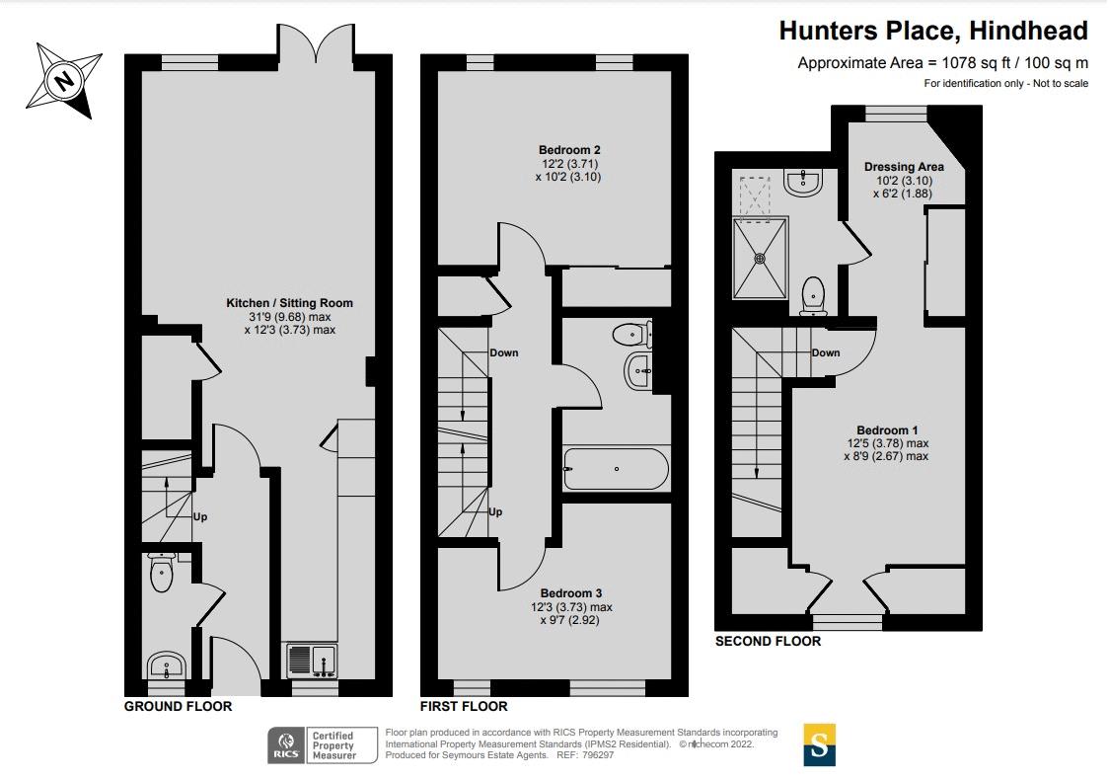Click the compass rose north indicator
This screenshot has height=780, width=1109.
coord(64,79)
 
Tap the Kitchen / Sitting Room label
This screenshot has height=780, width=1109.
coord(289,303)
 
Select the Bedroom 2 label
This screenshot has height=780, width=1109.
coord(569,150)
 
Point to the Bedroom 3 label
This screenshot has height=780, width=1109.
coord(571,593)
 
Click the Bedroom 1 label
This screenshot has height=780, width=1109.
coord(887,430)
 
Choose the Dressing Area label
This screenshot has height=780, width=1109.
coord(904,167)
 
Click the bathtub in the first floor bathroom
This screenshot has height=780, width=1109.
coord(616,469)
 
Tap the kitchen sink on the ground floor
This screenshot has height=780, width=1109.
coord(312,661)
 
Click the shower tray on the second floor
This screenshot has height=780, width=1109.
coord(760,259)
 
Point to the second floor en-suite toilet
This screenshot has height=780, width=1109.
coord(813,296)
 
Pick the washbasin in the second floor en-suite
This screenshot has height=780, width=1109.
coord(803,182)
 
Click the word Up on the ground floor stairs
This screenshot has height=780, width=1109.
coord(200,516)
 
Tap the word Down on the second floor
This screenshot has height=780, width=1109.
coord(826,352)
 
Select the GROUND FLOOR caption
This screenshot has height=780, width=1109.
coord(179,706)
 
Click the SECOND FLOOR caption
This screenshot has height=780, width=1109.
coord(768,641)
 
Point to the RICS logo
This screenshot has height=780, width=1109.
coord(286,745)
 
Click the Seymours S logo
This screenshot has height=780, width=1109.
coord(819,744)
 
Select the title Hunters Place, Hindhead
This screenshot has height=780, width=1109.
coord(933,32)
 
